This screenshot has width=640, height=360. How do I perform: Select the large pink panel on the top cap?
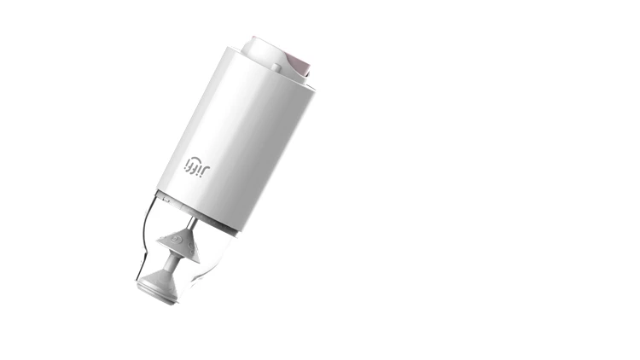(x=298, y=65)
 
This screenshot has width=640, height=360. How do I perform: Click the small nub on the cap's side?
(x=275, y=67)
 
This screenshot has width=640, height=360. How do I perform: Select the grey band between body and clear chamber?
(x=205, y=213)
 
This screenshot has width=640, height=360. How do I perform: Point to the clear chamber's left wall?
(x=145, y=239)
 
